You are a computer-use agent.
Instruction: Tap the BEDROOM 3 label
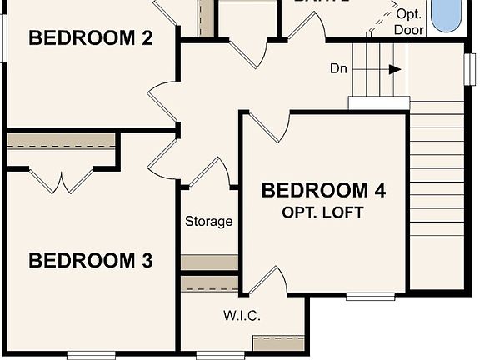click(90, 261)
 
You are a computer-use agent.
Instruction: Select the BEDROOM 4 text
click(323, 190)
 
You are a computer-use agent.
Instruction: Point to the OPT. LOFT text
click(323, 212)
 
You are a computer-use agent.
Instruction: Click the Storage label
click(208, 222)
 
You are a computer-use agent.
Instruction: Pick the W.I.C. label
click(242, 316)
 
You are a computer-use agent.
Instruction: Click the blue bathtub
click(447, 15)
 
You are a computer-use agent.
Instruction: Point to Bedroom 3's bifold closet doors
click(62, 180)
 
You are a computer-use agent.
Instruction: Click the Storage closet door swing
click(211, 172)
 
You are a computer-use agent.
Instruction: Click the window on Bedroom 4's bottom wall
click(371, 296)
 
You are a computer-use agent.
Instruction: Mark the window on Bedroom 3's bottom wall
click(91, 355)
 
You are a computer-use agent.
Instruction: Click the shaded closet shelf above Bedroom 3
click(61, 140)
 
